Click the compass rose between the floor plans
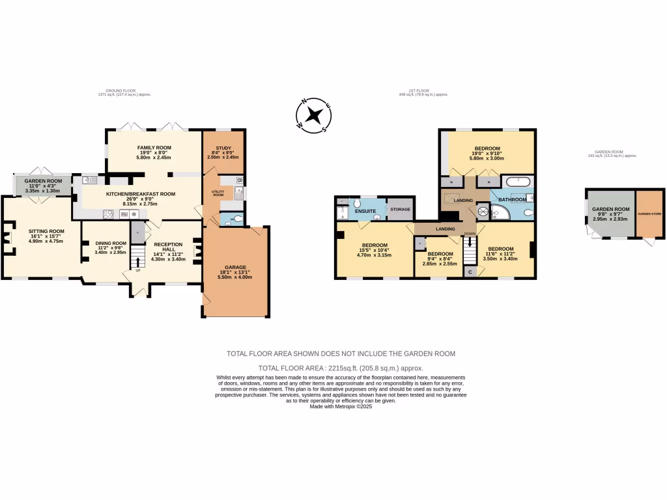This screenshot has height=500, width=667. pos(315,116)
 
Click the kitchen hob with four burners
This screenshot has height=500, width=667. pos(108,214)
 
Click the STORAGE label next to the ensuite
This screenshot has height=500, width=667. pos(400,209)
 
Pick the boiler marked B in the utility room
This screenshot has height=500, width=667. pos(239,180)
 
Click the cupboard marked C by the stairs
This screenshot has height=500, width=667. pos(470,272)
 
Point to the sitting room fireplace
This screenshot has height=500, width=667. pos(7,238)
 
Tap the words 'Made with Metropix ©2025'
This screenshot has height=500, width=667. pos(340,406)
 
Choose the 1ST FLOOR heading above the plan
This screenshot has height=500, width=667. pos(423,92)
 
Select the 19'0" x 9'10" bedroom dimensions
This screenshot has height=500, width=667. pos(487,154)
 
